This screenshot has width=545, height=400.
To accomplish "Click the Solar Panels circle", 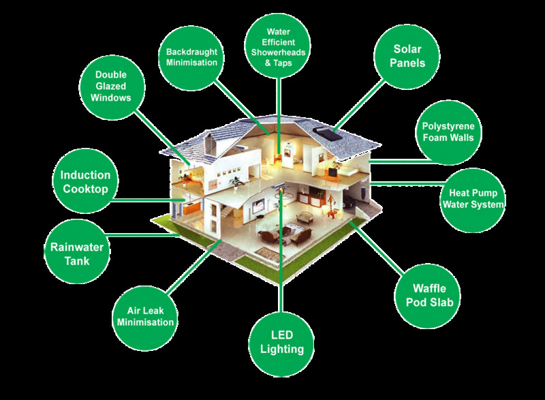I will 408,57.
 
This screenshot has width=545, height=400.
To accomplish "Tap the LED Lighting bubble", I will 281,343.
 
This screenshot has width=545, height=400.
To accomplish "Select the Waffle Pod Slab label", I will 428,295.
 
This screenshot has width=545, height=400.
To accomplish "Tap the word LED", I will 281,336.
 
